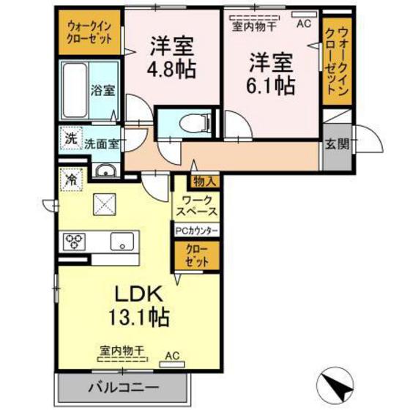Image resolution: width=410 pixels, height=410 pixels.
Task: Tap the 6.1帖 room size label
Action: (x=270, y=85)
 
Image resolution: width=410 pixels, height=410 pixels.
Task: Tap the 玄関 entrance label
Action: (x=337, y=143)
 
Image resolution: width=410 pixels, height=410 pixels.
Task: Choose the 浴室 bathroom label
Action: (x=102, y=91)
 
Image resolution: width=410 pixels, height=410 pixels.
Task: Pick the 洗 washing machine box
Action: (x=70, y=137)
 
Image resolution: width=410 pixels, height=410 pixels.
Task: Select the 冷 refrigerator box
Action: (x=71, y=178)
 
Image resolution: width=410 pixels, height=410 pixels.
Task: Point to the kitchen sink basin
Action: (x=122, y=239)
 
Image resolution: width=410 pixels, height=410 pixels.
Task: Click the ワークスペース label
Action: (x=197, y=206)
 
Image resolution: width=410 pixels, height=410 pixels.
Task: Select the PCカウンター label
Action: (x=197, y=230)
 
